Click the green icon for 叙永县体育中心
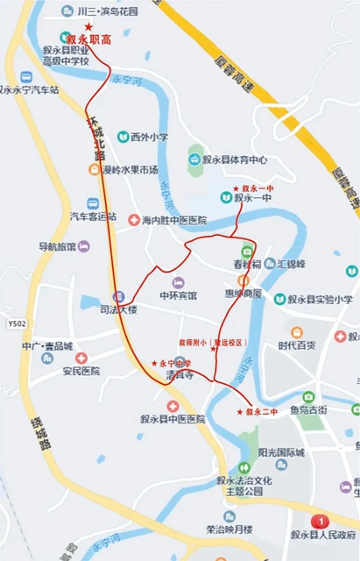[194, 160]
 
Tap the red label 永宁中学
[174, 363]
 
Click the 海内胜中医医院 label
[173, 220]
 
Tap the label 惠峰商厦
[243, 294]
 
